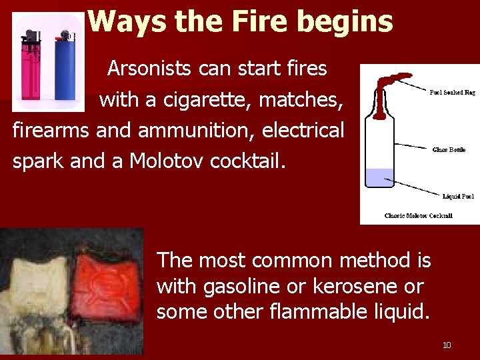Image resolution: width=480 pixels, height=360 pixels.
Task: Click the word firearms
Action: pyautogui.click(x=51, y=131)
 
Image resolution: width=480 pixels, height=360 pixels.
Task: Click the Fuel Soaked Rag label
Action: pyautogui.click(x=452, y=92)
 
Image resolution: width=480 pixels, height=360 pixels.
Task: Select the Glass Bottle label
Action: pyautogui.click(x=449, y=150)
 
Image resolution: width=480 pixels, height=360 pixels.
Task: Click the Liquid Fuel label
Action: pyautogui.click(x=458, y=196)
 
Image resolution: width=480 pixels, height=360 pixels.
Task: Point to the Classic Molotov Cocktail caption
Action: pyautogui.click(x=419, y=215)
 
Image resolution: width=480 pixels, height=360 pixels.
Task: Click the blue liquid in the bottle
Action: pyautogui.click(x=380, y=178)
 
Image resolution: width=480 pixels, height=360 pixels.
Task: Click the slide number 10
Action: pyautogui.click(x=447, y=345)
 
